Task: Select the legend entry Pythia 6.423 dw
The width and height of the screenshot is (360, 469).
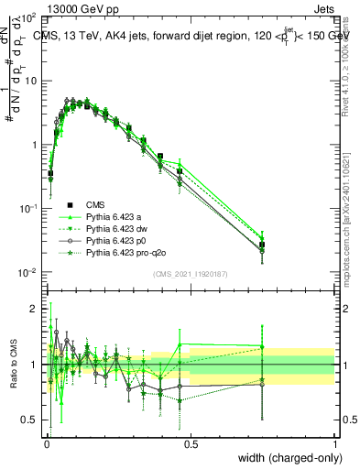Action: [117, 228]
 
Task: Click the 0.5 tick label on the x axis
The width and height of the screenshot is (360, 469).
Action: [191, 443]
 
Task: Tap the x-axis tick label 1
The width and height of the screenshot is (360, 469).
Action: [335, 443]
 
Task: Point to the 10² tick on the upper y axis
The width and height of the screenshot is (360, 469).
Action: [30, 17]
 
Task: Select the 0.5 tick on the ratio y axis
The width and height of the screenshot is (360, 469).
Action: [32, 420]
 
